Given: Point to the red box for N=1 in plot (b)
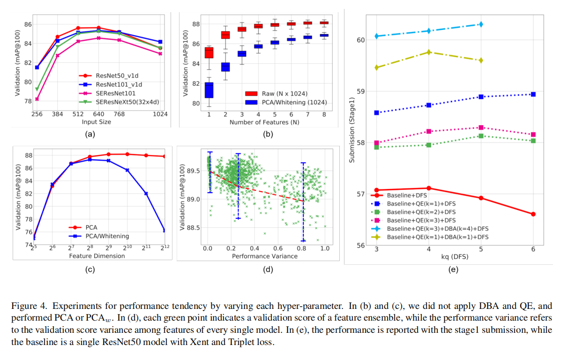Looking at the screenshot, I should click(209, 52).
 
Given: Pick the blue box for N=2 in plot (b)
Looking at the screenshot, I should click(225, 67).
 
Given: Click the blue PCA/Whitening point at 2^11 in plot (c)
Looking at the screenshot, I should click(146, 193).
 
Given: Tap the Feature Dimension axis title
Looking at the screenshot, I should click(97, 256).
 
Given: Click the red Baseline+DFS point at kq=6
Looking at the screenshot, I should click(533, 214).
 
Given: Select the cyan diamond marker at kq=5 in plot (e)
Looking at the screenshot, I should click(481, 24).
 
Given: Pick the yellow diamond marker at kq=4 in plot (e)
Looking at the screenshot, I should click(429, 52).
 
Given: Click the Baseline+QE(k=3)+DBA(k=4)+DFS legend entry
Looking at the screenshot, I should click(437, 228).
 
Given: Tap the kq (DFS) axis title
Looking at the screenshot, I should click(454, 257).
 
